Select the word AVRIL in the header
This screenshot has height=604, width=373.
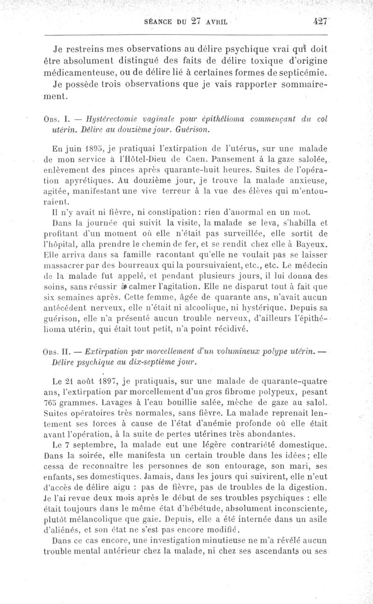219,21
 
